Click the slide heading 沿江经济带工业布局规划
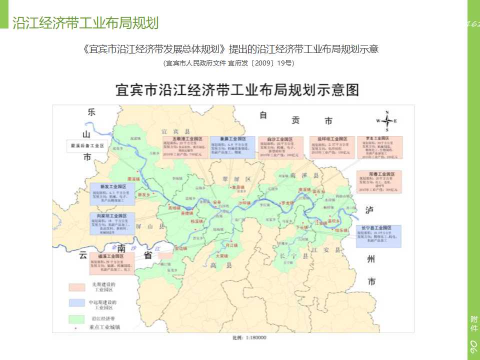(85, 23)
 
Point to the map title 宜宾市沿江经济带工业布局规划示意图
(237, 90)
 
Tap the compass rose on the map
(386, 121)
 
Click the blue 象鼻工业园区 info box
(232, 146)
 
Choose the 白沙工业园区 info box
(280, 147)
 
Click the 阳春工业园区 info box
(378, 182)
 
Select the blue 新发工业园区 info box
(112, 194)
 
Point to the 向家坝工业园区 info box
(112, 224)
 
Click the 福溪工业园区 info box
(112, 263)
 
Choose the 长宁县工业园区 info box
(378, 236)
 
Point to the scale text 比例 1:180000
(249, 337)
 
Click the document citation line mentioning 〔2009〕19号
(229, 63)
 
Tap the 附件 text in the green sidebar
(473, 323)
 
